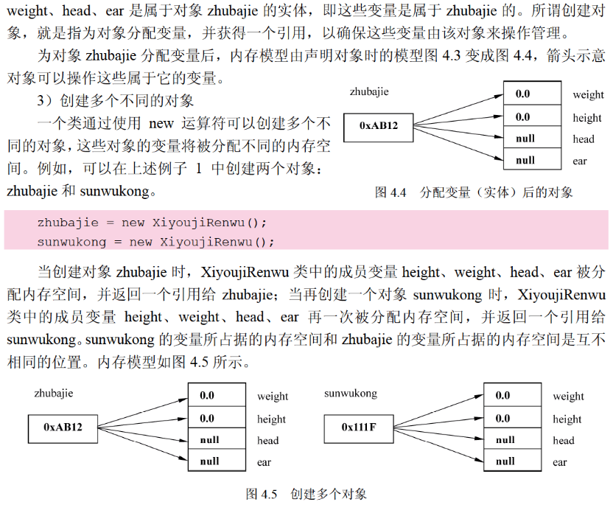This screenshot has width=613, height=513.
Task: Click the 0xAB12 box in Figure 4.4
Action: [x=379, y=126]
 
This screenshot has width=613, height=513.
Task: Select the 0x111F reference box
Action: [x=359, y=427]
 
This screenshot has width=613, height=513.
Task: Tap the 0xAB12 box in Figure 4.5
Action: [x=63, y=427]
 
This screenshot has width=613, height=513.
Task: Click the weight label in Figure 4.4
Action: [x=588, y=95]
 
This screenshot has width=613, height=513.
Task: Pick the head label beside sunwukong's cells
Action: [x=564, y=441]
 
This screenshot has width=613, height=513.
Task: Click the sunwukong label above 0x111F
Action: [x=351, y=394]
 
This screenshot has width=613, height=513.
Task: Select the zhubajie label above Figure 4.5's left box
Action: [x=54, y=394]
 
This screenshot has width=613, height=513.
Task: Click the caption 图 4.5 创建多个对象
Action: [x=306, y=494]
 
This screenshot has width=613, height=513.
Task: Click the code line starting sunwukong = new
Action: [x=155, y=242]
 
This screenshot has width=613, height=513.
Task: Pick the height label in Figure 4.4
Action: [x=587, y=118]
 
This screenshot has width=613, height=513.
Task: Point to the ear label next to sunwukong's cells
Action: [x=560, y=463]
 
